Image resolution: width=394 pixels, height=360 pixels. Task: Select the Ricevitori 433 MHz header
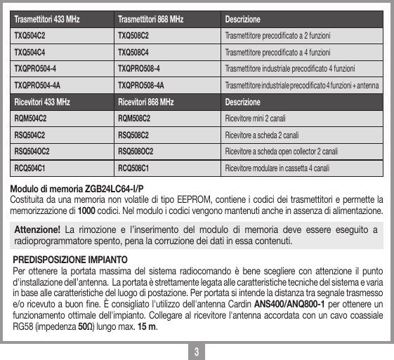(41, 102)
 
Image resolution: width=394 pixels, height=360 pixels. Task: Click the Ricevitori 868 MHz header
(145, 102)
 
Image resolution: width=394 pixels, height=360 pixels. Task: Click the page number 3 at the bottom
(198, 350)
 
